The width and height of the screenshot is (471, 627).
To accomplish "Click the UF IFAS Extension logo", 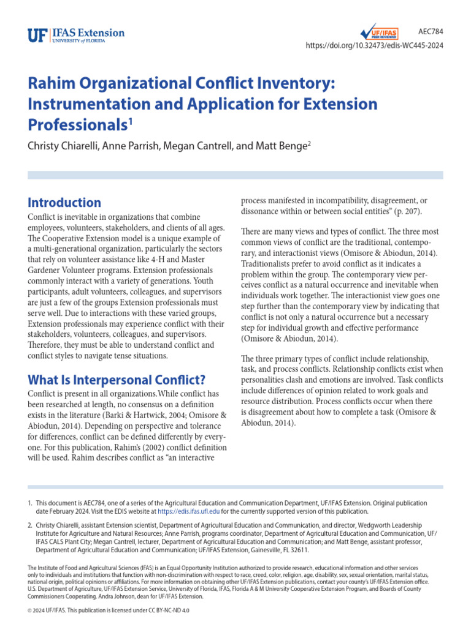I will point(76,34).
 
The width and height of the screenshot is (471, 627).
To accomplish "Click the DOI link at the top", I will point(375,46).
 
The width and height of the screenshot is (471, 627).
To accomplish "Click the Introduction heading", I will point(64,203).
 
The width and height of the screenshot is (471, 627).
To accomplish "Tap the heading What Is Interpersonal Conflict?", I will point(117,380).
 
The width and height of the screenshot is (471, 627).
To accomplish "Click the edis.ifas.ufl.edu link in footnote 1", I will point(188,511).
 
